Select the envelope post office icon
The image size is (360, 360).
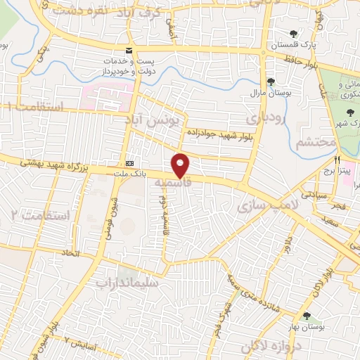pos(128,50)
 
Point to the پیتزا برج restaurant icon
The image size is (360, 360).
pos(339,159)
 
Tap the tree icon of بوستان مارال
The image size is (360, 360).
pos(271,82)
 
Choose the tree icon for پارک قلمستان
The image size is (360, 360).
pos(293,33)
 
